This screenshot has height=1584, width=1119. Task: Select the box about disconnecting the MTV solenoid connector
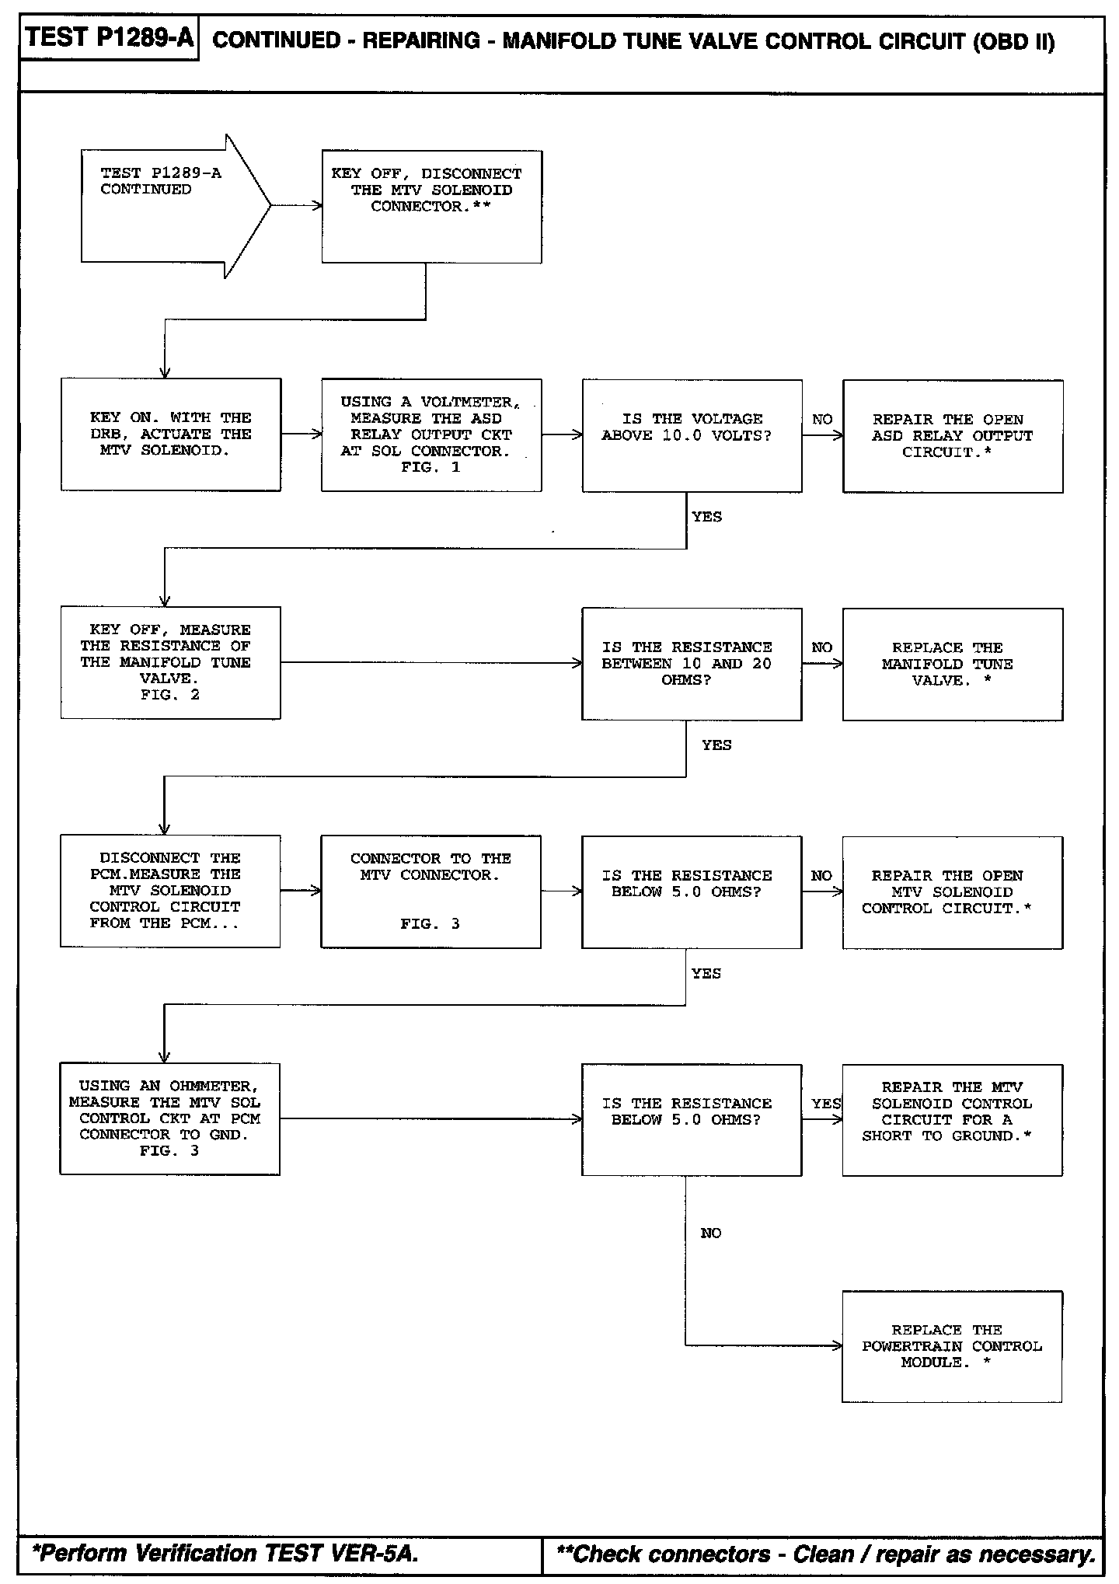431,206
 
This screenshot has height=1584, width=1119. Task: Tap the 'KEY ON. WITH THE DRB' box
171,434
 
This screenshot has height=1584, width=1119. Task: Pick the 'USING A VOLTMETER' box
431,434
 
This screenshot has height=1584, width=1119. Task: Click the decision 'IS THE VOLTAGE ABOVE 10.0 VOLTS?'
692,435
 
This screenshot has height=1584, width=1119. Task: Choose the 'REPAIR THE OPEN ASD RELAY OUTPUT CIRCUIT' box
953,436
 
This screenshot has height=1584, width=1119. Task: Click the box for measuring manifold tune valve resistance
170,662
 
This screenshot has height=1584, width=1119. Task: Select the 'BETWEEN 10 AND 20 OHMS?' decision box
692,664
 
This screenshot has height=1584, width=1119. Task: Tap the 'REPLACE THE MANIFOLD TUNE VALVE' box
953,664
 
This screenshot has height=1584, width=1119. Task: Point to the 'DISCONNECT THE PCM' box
170,891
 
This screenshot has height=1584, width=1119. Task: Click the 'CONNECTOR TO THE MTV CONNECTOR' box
431,891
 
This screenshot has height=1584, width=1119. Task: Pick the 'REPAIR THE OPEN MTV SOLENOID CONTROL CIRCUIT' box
952,892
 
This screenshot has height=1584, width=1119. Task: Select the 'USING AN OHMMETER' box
169,1118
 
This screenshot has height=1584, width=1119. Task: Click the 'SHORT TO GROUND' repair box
952,1119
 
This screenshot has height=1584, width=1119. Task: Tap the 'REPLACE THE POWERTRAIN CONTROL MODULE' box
952,1347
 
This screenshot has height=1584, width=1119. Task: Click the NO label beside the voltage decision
822,420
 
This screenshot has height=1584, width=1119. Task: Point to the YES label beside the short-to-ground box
826,1103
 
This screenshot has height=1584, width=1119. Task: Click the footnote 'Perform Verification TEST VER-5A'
225,1554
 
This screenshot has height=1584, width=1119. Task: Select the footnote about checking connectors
825,1554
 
